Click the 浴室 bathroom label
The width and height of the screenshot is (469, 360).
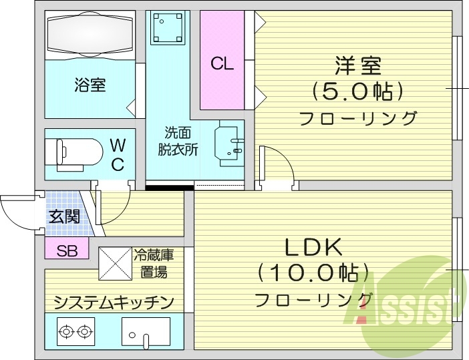click(x=90, y=85)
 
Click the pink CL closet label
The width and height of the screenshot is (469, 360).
click(x=222, y=63)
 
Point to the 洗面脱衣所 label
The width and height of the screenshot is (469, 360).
click(x=178, y=141)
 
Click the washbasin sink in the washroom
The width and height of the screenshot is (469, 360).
click(x=227, y=143)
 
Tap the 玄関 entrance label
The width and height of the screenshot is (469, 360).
click(x=63, y=216)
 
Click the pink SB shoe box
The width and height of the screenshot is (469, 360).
click(x=66, y=250)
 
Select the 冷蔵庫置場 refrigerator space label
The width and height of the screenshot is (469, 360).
click(x=154, y=262)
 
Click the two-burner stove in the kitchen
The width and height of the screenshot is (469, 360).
click(x=75, y=331)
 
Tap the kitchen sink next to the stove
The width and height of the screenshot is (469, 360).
click(x=144, y=333)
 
